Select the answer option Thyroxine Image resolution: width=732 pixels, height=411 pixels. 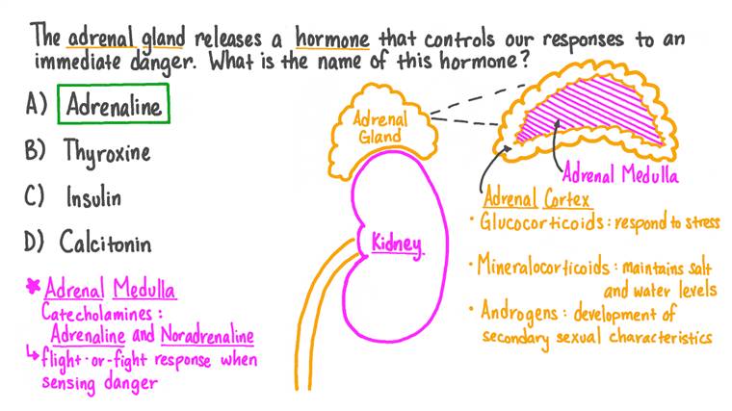click(107, 151)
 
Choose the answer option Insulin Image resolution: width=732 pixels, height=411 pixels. click(94, 196)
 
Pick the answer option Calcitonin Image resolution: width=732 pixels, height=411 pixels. click(105, 241)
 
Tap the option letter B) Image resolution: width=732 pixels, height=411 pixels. click(36, 151)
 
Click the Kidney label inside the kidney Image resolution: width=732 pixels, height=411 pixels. click(396, 244)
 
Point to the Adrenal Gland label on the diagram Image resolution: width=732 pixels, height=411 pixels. click(380, 128)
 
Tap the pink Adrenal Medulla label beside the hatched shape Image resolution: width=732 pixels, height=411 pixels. click(619, 176)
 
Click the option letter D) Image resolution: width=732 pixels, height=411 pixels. click(36, 241)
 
